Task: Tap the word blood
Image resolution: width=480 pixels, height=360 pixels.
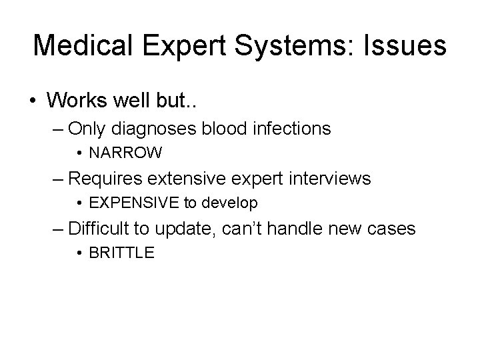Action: click(227, 128)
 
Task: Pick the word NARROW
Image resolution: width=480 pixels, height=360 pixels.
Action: click(125, 153)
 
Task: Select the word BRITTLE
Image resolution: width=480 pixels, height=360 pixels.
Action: click(121, 254)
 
